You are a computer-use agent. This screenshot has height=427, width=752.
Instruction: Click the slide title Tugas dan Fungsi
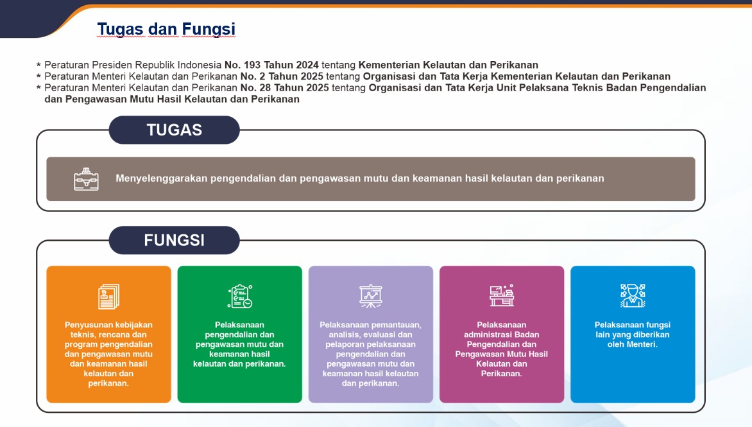pos(166,29)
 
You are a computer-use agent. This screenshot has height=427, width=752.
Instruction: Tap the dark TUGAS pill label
pos(174,130)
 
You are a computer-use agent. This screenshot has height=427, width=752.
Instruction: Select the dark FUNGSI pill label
pos(174,240)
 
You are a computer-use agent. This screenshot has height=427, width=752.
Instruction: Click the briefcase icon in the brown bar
pos(87,179)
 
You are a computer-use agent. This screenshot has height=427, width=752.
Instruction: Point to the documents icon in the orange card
pos(109,296)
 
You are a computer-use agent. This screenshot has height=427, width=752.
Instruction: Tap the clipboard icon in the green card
pos(240,296)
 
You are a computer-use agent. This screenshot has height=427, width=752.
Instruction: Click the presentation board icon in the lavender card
pos(371,296)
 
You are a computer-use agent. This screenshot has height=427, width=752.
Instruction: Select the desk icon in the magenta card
pos(502,295)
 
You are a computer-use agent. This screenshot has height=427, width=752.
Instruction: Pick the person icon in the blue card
pos(633,295)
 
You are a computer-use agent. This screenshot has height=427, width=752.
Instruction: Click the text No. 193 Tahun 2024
pos(271,65)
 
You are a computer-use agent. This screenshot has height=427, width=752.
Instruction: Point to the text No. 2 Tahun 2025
pos(282,76)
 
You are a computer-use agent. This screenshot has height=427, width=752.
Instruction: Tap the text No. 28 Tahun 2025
pos(285,88)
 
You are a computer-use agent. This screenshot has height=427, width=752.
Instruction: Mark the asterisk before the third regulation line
pos(39,88)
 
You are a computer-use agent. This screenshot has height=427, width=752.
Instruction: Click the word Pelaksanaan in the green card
pos(239,325)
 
